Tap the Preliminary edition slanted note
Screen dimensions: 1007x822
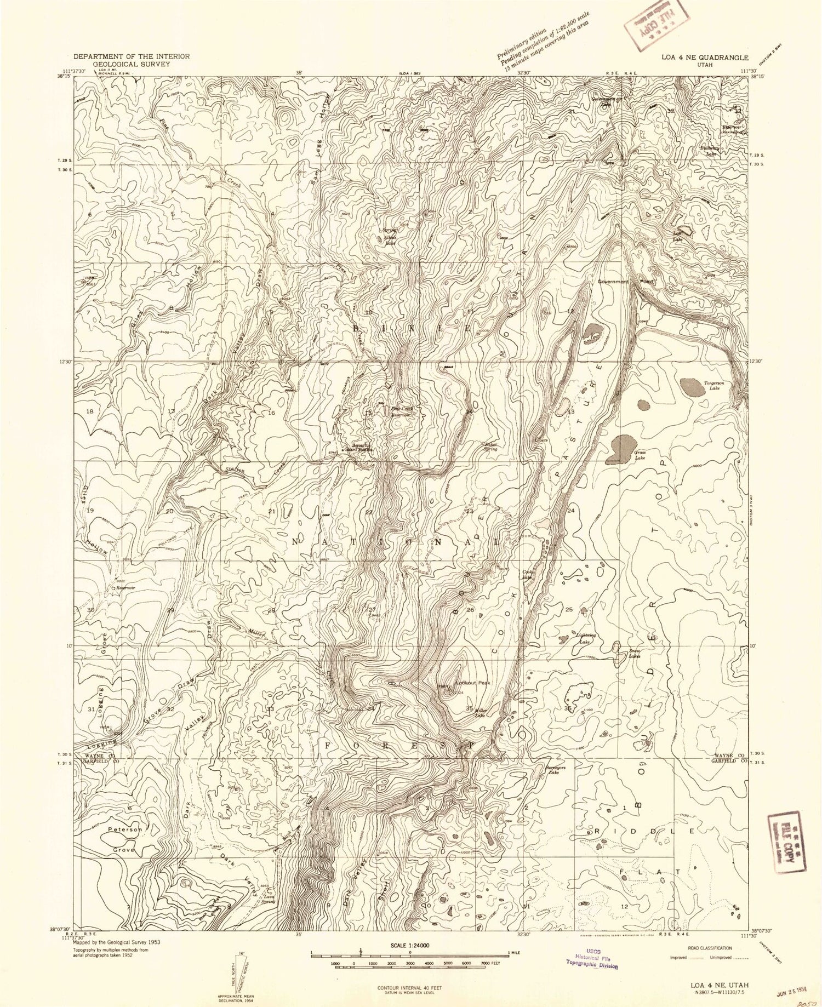[543, 43]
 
